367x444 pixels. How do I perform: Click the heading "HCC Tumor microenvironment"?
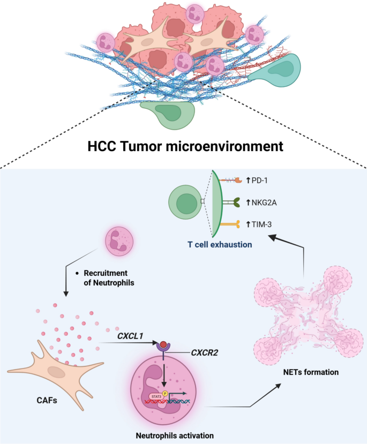tap(185, 146)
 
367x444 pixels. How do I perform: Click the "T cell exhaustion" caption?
tap(220, 244)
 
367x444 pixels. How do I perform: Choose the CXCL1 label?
tap(130, 336)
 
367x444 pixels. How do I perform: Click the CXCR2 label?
tap(205, 353)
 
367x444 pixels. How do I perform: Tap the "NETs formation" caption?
tap(311, 372)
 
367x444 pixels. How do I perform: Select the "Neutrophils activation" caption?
tap(175, 435)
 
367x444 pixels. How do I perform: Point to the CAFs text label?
tap(47, 400)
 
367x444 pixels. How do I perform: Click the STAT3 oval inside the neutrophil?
tap(156, 397)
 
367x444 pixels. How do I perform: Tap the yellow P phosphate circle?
tap(165, 394)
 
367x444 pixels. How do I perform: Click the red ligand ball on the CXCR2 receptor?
tap(163, 344)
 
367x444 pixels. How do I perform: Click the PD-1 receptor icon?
tap(230, 180)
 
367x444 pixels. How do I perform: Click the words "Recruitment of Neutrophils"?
tap(109, 278)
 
